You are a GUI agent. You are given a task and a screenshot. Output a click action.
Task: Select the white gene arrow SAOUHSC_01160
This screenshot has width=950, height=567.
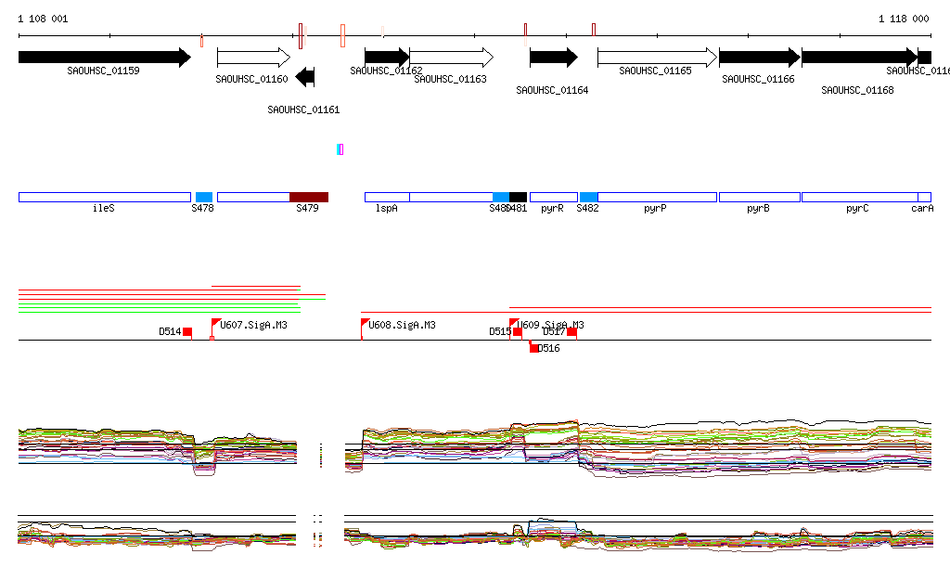pyautogui.click(x=252, y=58)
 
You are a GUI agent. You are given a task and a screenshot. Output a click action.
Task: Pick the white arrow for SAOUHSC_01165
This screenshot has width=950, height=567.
pyautogui.click(x=657, y=58)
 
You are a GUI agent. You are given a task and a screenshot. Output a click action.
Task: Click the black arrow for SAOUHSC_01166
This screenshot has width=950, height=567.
pyautogui.click(x=759, y=57)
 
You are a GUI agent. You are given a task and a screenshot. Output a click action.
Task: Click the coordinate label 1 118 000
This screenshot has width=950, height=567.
pyautogui.click(x=904, y=19)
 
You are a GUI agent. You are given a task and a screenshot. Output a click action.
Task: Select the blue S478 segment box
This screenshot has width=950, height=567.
pyautogui.click(x=204, y=197)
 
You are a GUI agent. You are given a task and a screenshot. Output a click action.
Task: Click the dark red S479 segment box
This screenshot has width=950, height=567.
pyautogui.click(x=309, y=197)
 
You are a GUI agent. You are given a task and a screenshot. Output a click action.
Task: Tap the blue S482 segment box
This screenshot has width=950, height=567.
pyautogui.click(x=588, y=197)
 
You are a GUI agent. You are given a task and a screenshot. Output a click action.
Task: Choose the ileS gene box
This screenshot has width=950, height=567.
pyautogui.click(x=104, y=197)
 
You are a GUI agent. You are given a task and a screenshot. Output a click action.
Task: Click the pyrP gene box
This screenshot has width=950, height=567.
pyautogui.click(x=657, y=197)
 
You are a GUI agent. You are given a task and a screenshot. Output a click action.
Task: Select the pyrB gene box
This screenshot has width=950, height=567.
pyautogui.click(x=759, y=197)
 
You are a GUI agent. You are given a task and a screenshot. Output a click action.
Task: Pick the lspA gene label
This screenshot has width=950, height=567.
pyautogui.click(x=387, y=209)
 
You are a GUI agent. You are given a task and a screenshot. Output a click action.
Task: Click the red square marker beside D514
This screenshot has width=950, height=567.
pyautogui.click(x=187, y=331)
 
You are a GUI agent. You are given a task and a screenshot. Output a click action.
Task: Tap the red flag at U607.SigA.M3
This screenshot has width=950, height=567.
pyautogui.click(x=215, y=324)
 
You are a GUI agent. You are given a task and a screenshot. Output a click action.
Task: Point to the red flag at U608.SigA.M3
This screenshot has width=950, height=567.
pyautogui.click(x=365, y=324)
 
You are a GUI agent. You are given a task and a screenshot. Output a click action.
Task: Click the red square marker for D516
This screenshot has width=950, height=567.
pyautogui.click(x=533, y=348)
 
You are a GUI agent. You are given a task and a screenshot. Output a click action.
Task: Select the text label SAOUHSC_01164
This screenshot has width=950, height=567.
pyautogui.click(x=552, y=90)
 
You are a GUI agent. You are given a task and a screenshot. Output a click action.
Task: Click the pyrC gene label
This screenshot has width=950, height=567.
pyautogui.click(x=857, y=209)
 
